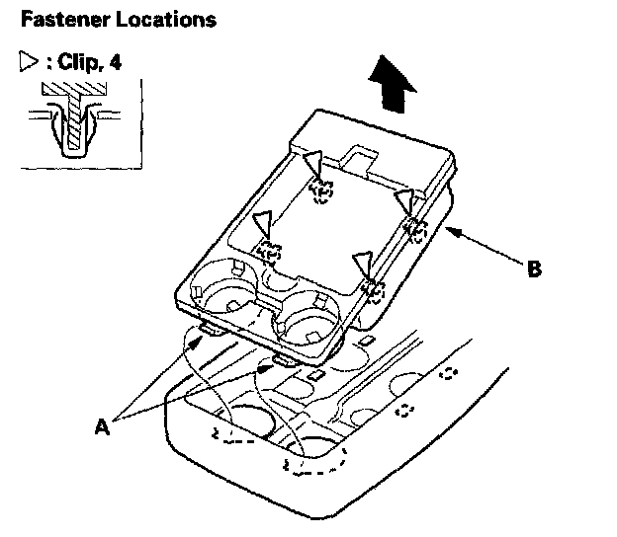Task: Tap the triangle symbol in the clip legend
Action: (27, 65)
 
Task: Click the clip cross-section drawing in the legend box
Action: (71, 120)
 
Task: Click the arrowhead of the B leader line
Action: (451, 229)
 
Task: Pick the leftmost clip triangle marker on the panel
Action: (262, 222)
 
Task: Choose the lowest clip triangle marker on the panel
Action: (362, 263)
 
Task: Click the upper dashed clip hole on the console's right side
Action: (448, 373)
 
